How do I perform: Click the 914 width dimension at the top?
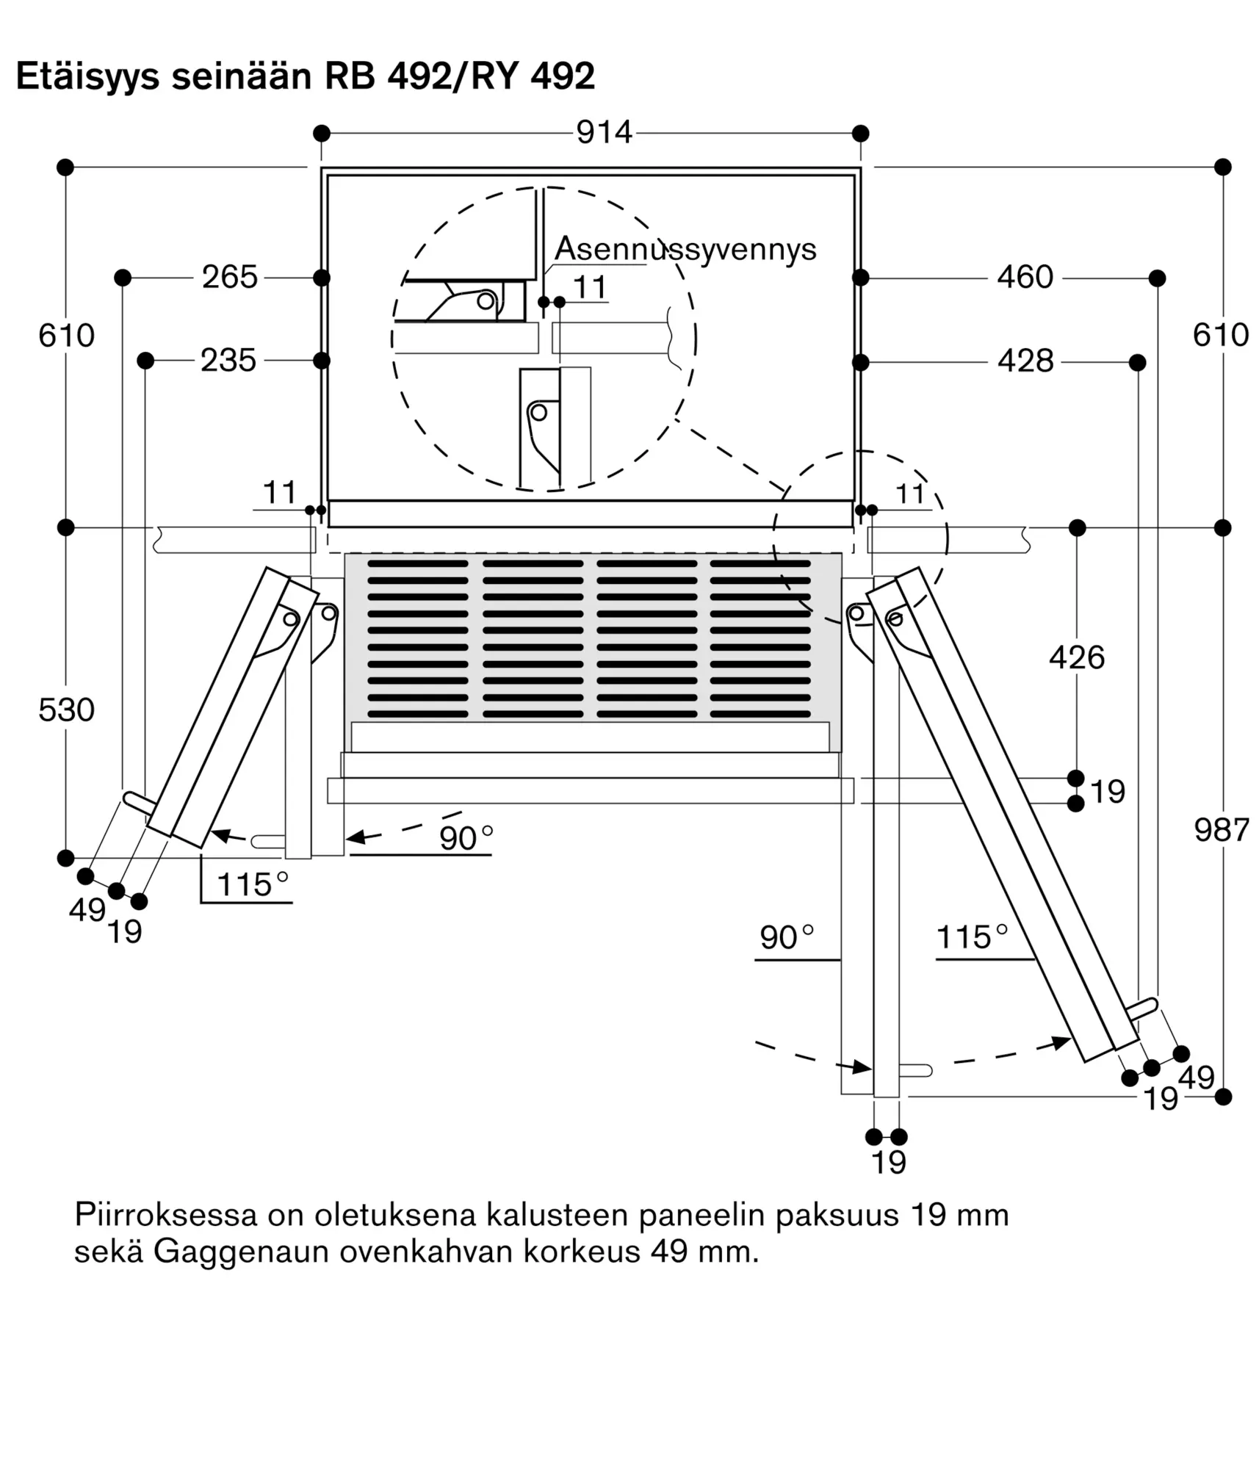click(604, 133)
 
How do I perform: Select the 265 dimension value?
click(230, 278)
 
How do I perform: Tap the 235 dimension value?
click(228, 361)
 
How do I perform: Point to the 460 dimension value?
click(1025, 278)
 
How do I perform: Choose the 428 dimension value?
click(1025, 361)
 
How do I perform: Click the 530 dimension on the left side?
click(66, 710)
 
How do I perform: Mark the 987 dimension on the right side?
click(1222, 830)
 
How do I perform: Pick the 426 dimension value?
click(1077, 657)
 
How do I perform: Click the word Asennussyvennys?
click(685, 249)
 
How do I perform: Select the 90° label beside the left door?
click(466, 838)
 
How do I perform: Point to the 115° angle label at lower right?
click(972, 937)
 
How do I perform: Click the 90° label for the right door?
click(787, 937)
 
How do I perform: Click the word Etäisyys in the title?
click(87, 76)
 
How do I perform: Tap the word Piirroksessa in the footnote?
click(166, 1216)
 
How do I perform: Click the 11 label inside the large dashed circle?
click(590, 287)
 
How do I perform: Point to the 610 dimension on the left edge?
click(66, 336)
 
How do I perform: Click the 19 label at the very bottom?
click(889, 1163)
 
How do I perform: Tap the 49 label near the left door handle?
click(87, 910)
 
